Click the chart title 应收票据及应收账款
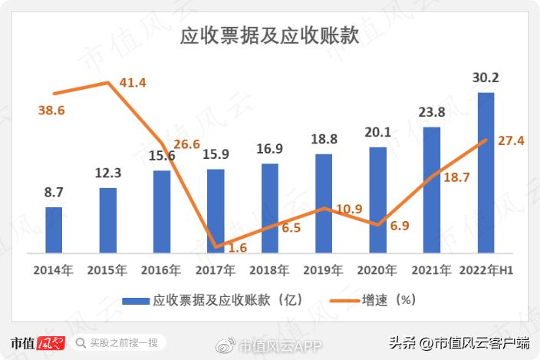(x=269, y=37)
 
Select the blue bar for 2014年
(x=54, y=230)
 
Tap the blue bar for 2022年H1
(x=486, y=173)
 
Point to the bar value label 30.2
(x=486, y=78)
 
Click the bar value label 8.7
(x=54, y=192)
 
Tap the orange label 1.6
(x=238, y=248)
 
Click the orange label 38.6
(x=51, y=111)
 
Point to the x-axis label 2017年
(x=215, y=270)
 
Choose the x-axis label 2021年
(x=431, y=270)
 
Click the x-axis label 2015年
(x=107, y=270)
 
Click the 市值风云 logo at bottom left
(x=37, y=342)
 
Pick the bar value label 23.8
(x=431, y=112)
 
